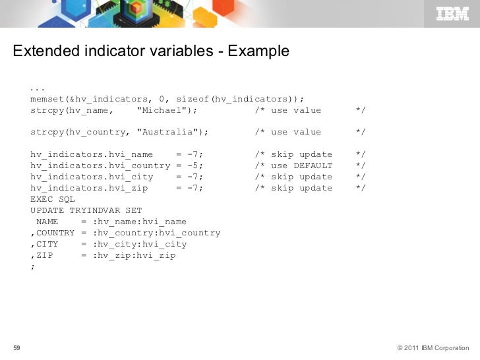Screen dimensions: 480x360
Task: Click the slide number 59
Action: pyautogui.click(x=17, y=348)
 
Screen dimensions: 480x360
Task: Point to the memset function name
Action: pyautogui.click(x=47, y=99)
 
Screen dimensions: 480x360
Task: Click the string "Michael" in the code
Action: pyautogui.click(x=161, y=110)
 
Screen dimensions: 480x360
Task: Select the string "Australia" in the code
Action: pyautogui.click(x=169, y=132)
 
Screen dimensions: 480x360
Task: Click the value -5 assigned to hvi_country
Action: pyautogui.click(x=195, y=165)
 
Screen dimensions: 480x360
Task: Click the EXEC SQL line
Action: pyautogui.click(x=53, y=199)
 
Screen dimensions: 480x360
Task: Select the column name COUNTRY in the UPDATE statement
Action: pyautogui.click(x=55, y=233)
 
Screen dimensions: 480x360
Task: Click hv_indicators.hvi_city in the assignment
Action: pyautogui.click(x=92, y=177)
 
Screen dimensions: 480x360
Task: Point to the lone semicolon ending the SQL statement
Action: pyautogui.click(x=32, y=266)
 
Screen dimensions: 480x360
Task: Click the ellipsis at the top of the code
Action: pyautogui.click(x=37, y=88)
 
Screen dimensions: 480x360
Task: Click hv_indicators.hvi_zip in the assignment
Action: pyautogui.click(x=89, y=188)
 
